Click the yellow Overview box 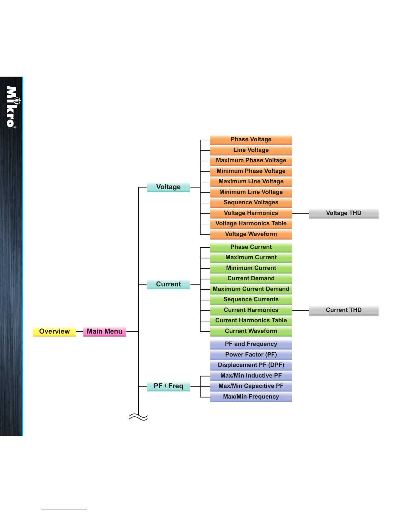tap(54, 332)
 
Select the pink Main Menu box tap(104, 332)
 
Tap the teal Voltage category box tap(168, 187)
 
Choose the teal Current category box tap(168, 284)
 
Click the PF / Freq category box tap(168, 386)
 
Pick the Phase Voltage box tap(251, 140)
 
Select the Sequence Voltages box tap(251, 203)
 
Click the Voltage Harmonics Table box tap(251, 224)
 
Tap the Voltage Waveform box tap(251, 234)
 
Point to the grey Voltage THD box tap(344, 213)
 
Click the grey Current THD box tap(344, 310)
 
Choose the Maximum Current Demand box tap(251, 289)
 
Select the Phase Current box tap(251, 247)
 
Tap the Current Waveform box tap(251, 331)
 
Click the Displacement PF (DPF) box tap(251, 365)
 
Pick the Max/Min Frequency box tap(251, 397)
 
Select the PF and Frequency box tap(251, 344)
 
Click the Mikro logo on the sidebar tap(12, 107)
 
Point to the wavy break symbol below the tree tap(138, 417)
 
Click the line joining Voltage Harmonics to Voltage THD tap(301, 214)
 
